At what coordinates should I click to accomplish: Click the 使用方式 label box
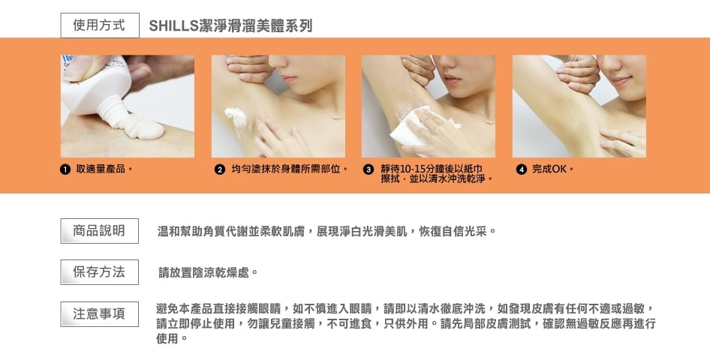click(100, 25)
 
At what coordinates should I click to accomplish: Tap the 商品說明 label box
click(100, 231)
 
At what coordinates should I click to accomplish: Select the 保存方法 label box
click(100, 271)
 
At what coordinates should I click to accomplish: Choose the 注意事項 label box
click(100, 313)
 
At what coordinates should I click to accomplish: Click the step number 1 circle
click(65, 169)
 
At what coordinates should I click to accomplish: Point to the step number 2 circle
click(220, 169)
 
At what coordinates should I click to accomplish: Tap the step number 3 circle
click(368, 169)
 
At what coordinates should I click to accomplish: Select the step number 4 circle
click(522, 169)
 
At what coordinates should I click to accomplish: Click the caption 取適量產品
click(101, 169)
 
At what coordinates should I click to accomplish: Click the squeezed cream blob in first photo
click(143, 126)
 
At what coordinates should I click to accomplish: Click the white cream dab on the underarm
click(236, 117)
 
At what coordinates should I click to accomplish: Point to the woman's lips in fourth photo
click(619, 81)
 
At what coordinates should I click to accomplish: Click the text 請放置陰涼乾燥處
click(203, 273)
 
